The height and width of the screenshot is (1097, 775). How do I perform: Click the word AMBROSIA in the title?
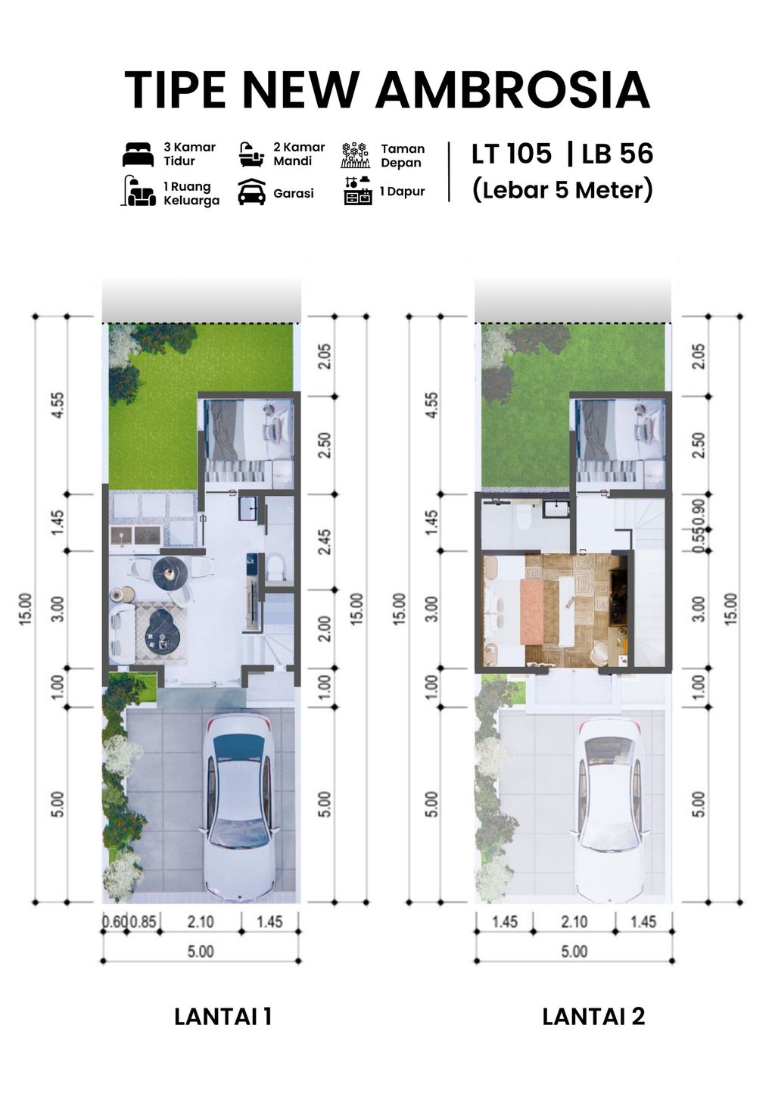click(x=512, y=90)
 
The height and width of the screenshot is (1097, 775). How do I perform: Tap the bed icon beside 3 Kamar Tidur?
click(x=138, y=154)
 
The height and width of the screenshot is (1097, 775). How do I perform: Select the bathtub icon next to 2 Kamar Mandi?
click(x=251, y=154)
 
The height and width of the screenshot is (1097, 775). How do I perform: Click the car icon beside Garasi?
click(x=251, y=192)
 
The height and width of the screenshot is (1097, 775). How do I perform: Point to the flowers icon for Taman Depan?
click(x=354, y=154)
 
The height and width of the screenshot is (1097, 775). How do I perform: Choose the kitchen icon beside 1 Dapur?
click(x=357, y=192)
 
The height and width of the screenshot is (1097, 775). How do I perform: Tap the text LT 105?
click(x=512, y=154)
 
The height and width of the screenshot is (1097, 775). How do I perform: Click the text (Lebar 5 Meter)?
click(x=562, y=189)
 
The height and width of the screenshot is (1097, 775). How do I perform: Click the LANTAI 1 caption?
click(x=223, y=1016)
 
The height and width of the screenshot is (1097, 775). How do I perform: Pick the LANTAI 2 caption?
click(x=593, y=1016)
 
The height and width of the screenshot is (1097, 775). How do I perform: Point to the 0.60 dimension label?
click(x=114, y=922)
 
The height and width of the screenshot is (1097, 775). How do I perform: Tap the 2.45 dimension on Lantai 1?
click(x=324, y=542)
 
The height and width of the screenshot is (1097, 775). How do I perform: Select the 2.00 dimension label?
click(x=324, y=628)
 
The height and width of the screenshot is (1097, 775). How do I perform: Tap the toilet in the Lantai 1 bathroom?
click(x=275, y=566)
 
